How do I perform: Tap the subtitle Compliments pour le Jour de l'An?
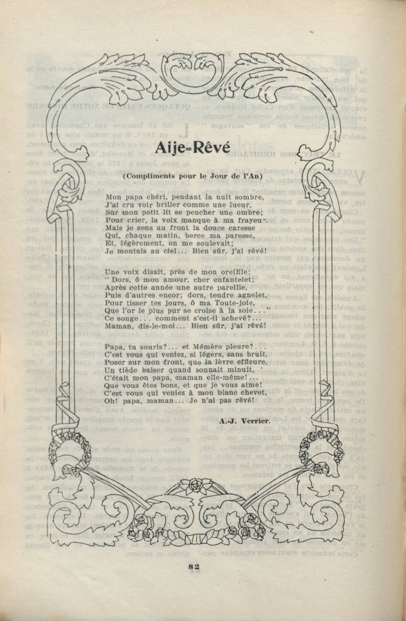click(193, 176)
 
